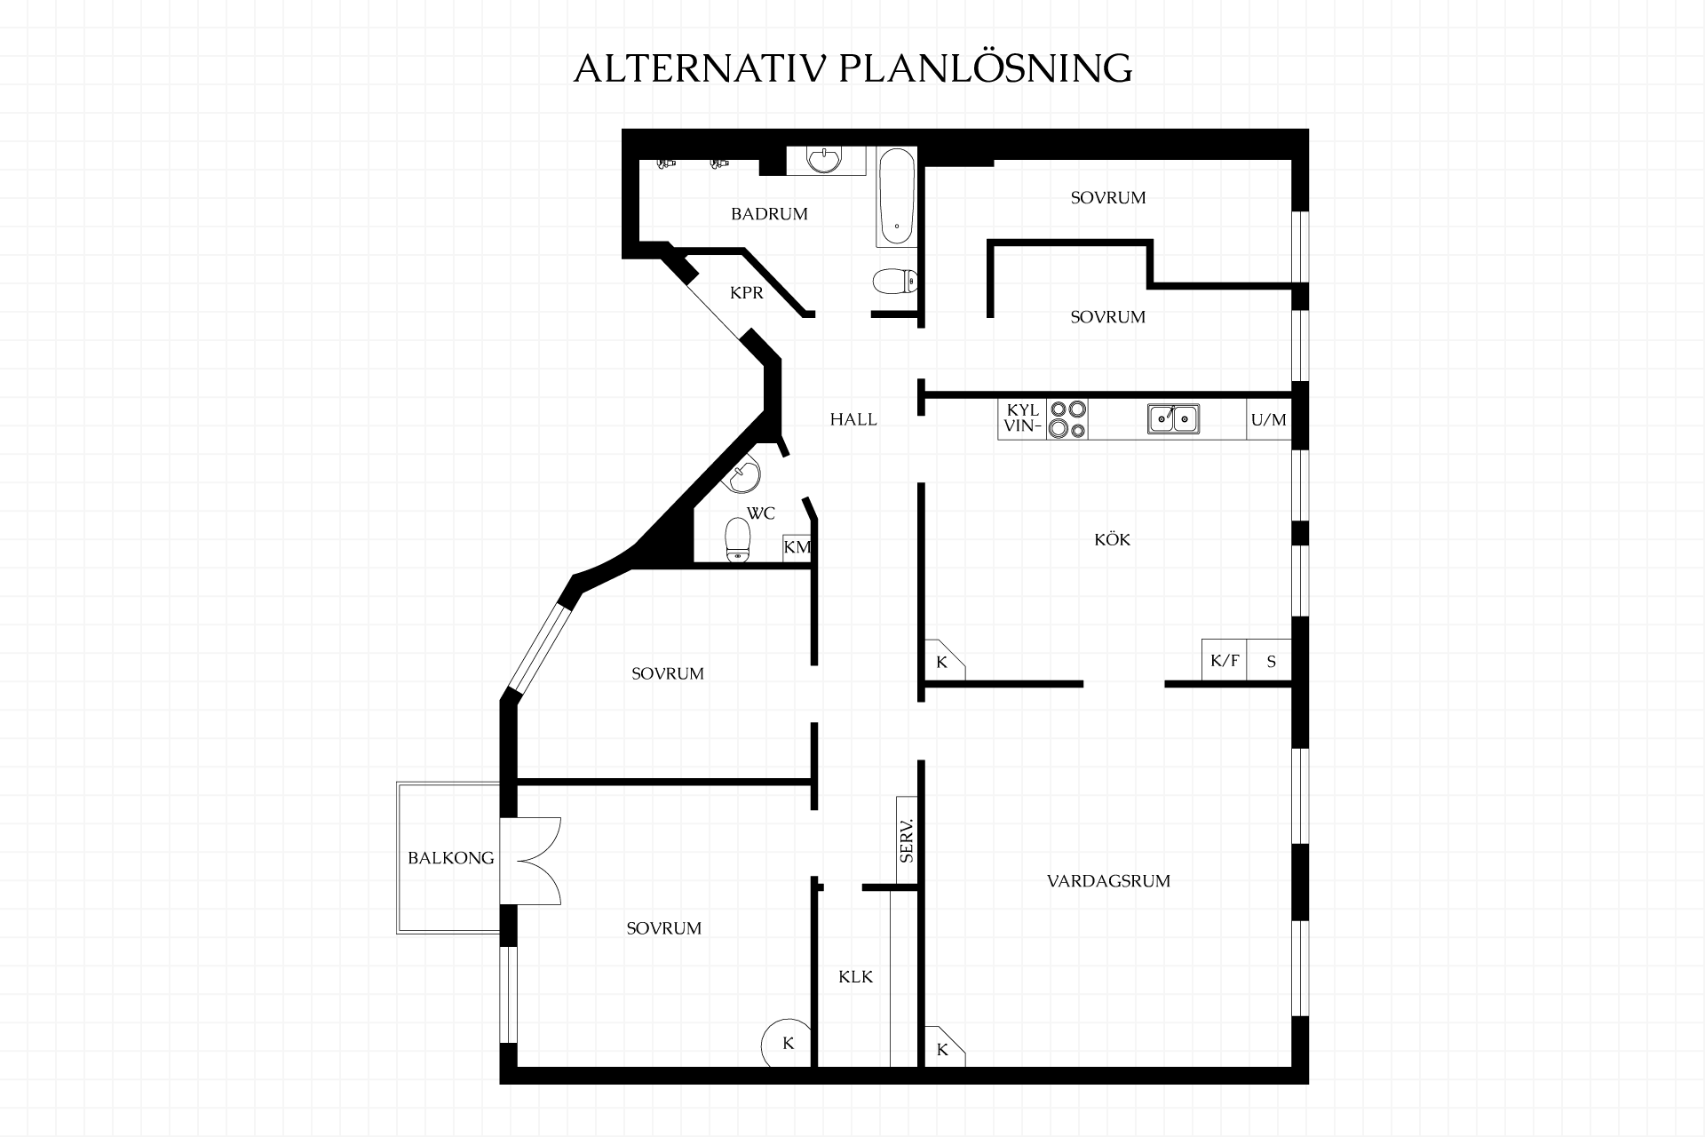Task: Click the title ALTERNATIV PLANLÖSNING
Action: (852, 68)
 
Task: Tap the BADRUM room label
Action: (769, 214)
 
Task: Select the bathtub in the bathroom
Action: (896, 197)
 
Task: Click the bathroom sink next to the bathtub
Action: (826, 161)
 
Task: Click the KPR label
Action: (746, 293)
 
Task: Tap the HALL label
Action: (853, 419)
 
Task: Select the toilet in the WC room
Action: (738, 540)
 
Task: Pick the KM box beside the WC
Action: (797, 547)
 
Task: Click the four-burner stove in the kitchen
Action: (1067, 419)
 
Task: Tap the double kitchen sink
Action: (1173, 418)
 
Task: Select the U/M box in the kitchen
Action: (1269, 420)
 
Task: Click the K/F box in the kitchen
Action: (1225, 661)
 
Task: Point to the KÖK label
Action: (1112, 539)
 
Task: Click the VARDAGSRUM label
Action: (1108, 881)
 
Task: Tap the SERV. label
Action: (907, 840)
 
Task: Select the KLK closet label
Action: (856, 977)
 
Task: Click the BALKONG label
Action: (450, 858)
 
